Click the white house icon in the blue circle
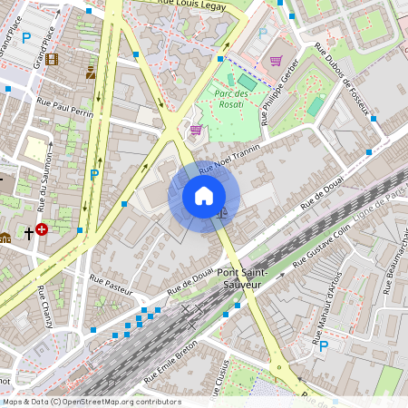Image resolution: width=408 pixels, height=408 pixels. click(204, 196)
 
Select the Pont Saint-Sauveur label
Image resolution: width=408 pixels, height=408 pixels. click(238, 278)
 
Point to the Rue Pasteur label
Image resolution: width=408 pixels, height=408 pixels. click(111, 286)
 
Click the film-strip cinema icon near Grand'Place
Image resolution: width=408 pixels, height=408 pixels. click(51, 60)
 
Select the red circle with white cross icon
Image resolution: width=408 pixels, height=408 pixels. click(42, 230)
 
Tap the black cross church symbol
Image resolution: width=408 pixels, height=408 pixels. click(28, 233)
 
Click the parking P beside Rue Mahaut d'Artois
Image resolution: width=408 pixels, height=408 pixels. click(323, 345)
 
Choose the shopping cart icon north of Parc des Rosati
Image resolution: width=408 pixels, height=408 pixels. click(275, 61)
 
